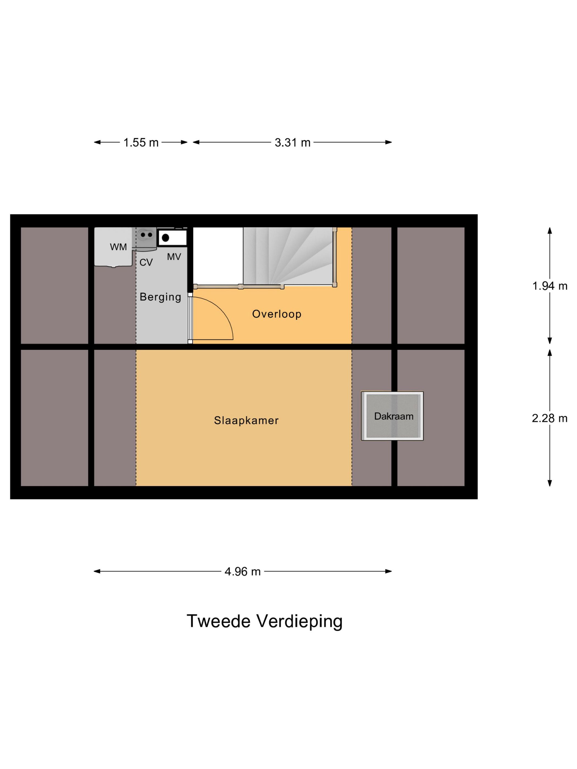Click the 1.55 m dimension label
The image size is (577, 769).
coord(141,143)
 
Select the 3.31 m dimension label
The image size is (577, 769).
coord(292,143)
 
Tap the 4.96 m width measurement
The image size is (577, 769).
coord(242,572)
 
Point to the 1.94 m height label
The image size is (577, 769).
coord(550,286)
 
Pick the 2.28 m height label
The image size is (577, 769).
coord(550,418)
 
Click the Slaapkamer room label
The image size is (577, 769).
coord(246,421)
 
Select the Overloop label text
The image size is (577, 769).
coord(276,314)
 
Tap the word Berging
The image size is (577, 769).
coord(160,297)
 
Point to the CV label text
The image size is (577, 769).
coord(146,263)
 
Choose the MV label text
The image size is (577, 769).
coord(174,257)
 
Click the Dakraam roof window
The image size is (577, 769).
coord(392,416)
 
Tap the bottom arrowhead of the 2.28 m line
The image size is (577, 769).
coord(550,483)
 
